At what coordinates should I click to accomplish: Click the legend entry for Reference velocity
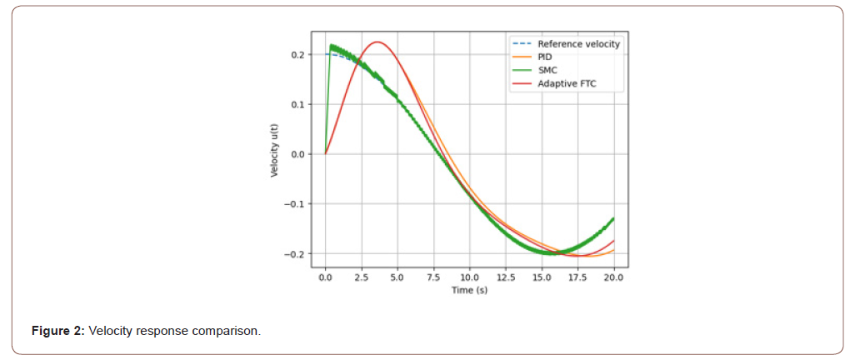(578, 44)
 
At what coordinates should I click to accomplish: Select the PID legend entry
(546, 57)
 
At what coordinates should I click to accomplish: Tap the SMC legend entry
(547, 71)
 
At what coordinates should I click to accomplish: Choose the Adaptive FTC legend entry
(567, 84)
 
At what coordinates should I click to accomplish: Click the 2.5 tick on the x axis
(362, 277)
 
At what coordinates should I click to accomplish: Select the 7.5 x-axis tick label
(433, 277)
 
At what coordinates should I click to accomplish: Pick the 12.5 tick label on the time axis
(506, 277)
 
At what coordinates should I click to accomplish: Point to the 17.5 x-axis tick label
(578, 277)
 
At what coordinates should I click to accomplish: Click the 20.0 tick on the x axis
(614, 277)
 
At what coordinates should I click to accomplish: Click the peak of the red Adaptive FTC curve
(377, 42)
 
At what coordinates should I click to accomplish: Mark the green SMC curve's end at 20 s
(614, 218)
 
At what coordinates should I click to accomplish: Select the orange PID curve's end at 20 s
(614, 250)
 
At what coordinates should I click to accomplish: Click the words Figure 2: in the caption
(57, 332)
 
